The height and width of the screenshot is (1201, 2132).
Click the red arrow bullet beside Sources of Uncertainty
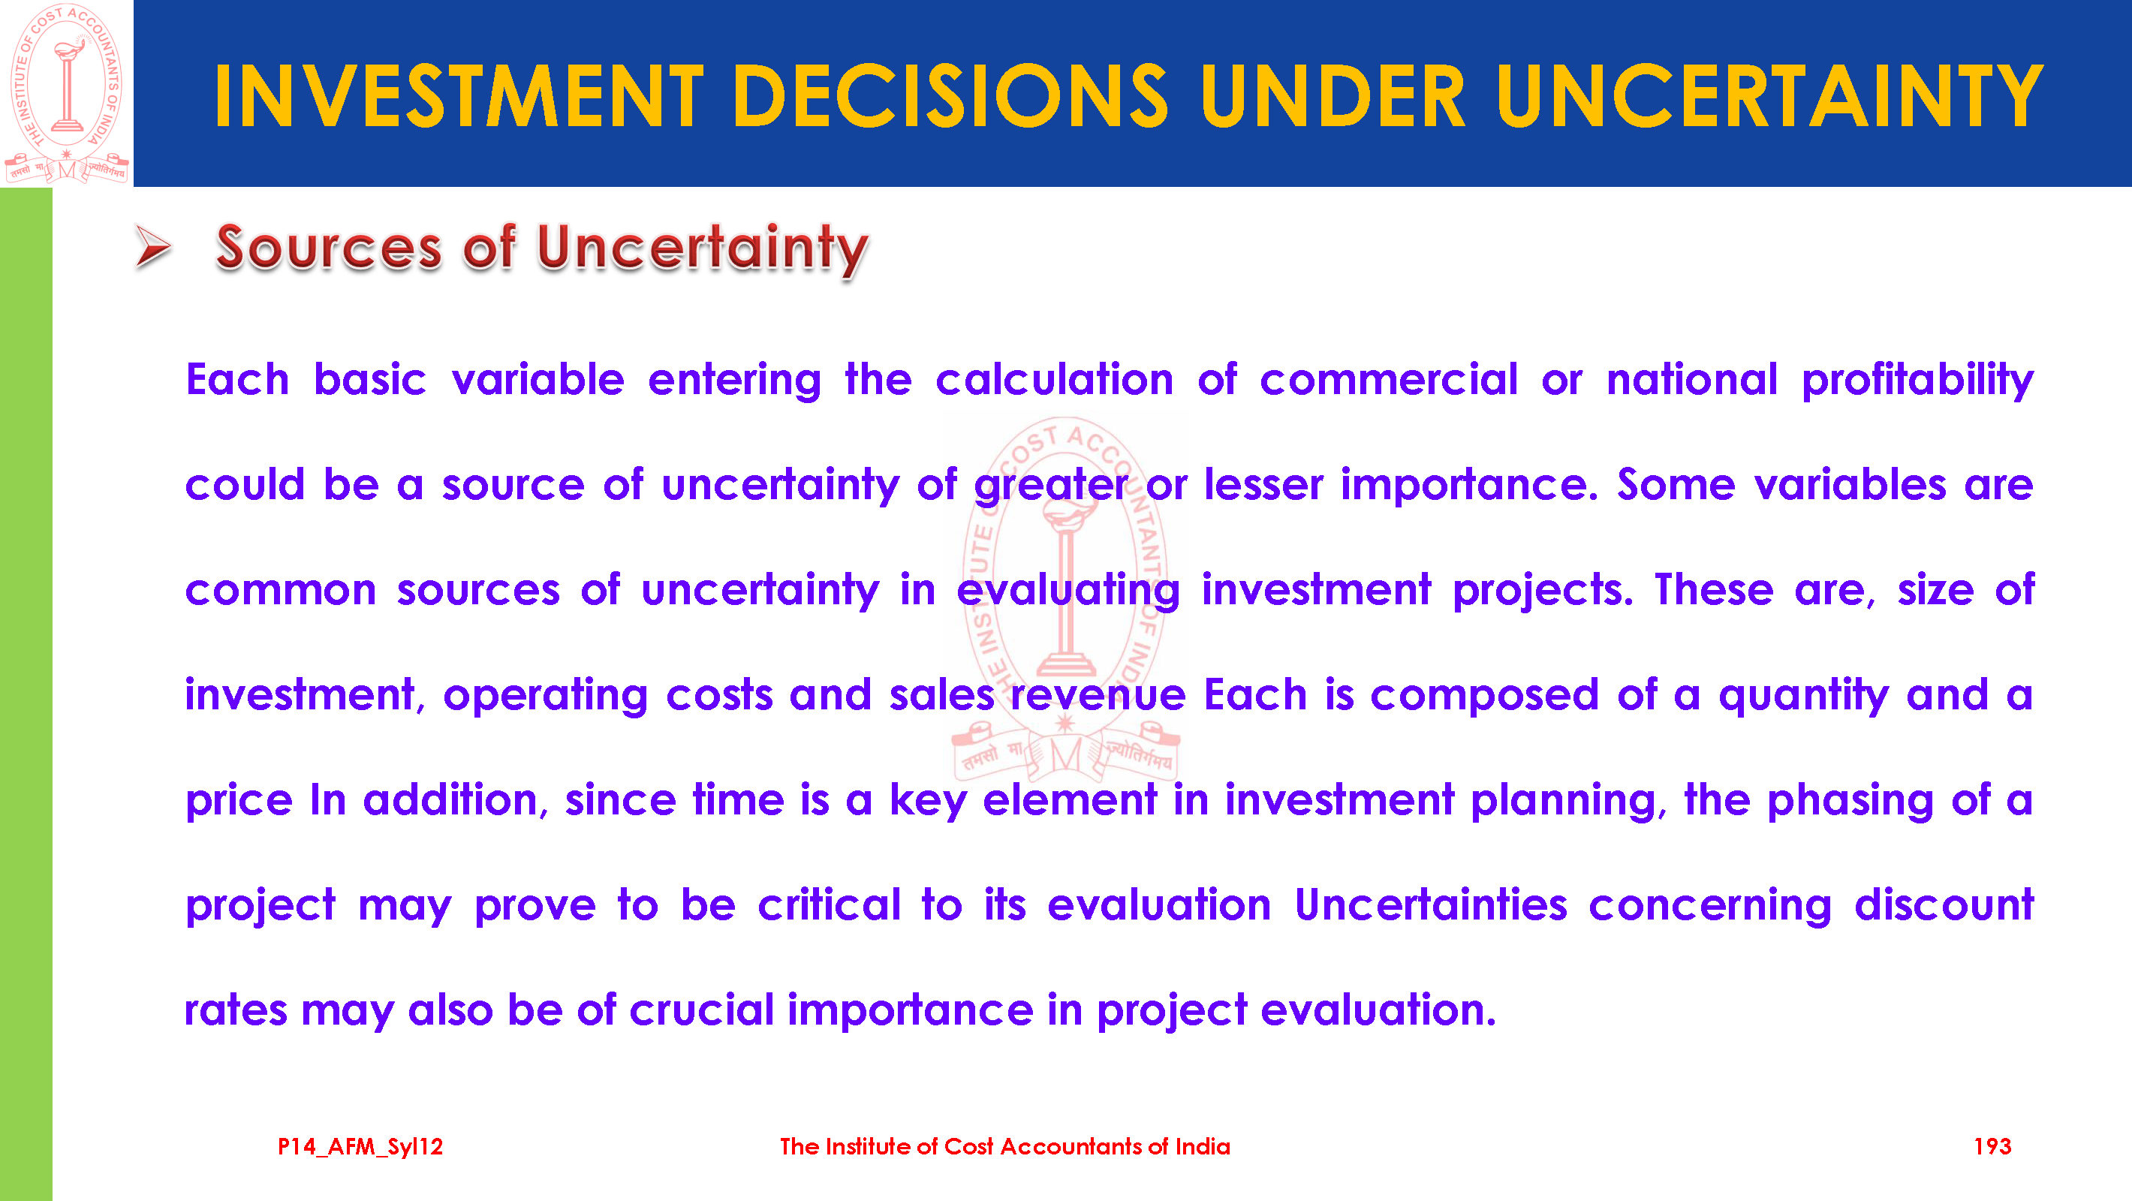[x=153, y=247]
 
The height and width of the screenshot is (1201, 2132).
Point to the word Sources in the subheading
[x=329, y=248]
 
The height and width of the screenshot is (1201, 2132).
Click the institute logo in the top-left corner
[x=66, y=93]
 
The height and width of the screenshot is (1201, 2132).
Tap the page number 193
[x=1992, y=1146]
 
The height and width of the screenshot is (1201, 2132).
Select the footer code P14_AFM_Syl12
[x=360, y=1147]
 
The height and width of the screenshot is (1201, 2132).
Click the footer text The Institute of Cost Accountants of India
[x=1004, y=1146]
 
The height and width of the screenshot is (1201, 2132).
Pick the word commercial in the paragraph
[x=1389, y=380]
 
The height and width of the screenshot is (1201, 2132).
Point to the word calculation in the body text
[x=1055, y=380]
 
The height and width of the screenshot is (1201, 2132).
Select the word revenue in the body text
[x=1098, y=695]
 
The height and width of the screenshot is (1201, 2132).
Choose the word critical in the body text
[x=830, y=905]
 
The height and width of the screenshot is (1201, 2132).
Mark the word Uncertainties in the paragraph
[x=1431, y=905]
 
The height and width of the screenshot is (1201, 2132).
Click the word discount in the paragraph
[x=1944, y=905]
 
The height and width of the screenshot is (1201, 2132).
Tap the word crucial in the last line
[x=702, y=1010]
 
